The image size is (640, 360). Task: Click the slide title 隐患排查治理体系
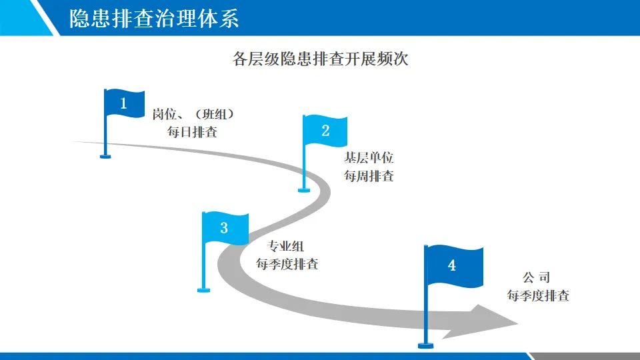[x=153, y=19]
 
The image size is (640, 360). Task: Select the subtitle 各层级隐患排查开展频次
[x=320, y=59]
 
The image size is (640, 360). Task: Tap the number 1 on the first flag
[x=123, y=103]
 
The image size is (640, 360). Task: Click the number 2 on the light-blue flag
[x=325, y=131]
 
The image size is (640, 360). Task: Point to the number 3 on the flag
[x=224, y=228]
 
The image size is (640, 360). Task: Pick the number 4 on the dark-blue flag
[x=452, y=265]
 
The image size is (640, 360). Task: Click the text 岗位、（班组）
[x=193, y=114]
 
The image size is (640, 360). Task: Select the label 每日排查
[x=192, y=131]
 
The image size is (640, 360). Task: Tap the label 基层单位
[x=369, y=159]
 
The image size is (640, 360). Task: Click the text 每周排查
[x=369, y=176]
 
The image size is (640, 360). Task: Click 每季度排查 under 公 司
[x=538, y=296]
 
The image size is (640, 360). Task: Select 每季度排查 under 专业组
[x=287, y=264]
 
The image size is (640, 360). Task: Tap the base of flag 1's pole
[x=105, y=157]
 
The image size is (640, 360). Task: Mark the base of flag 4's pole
[x=425, y=345]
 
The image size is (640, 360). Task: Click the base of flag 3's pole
[x=203, y=289]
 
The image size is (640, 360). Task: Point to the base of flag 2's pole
[x=304, y=190]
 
